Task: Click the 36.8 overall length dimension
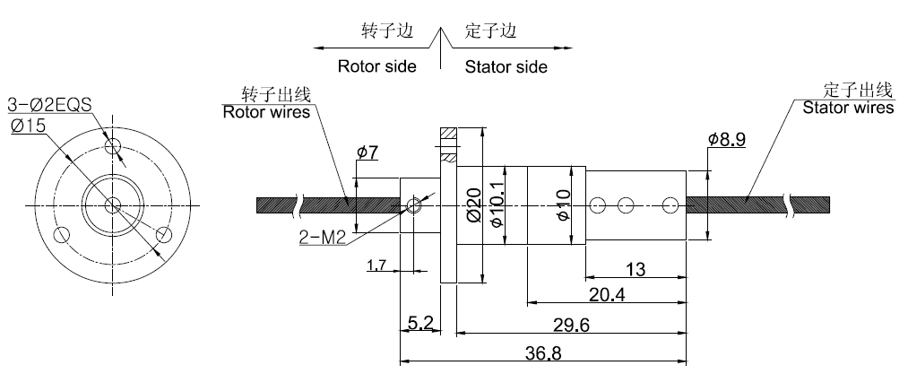542,353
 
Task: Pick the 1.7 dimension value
377,265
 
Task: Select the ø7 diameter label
367,152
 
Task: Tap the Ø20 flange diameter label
474,204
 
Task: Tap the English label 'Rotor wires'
266,113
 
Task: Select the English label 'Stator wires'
847,109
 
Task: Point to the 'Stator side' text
506,66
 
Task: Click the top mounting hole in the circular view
112,145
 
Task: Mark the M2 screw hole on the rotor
414,205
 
